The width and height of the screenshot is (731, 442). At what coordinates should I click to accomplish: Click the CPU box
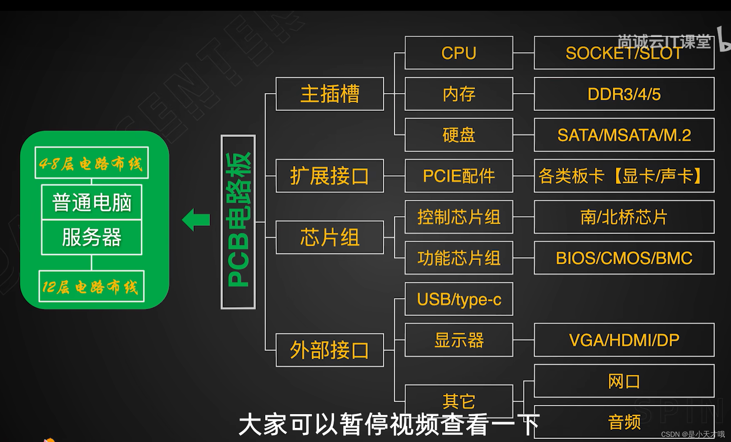click(459, 53)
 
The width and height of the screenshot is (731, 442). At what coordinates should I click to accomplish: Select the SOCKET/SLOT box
click(624, 53)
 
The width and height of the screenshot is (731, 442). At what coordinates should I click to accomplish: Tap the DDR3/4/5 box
click(624, 94)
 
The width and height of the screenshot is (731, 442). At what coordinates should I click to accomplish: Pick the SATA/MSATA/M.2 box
click(624, 135)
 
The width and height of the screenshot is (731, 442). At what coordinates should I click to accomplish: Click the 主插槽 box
click(330, 94)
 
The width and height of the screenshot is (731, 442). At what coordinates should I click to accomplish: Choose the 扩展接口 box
click(330, 176)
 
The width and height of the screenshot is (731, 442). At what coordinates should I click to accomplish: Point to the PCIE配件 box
click(459, 176)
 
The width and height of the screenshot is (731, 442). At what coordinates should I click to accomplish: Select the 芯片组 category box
click(330, 238)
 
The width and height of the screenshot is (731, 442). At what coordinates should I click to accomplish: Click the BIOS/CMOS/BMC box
click(624, 258)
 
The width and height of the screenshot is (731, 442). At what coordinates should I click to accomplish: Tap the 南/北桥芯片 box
click(624, 217)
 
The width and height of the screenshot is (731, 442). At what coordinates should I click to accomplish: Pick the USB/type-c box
click(459, 299)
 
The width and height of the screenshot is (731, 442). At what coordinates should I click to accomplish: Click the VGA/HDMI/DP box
click(624, 340)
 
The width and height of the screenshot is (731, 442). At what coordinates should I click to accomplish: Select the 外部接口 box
click(330, 350)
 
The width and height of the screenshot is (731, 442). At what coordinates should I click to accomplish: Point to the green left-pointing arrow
click(196, 220)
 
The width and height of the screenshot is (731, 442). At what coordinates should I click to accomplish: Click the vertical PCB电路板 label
click(238, 222)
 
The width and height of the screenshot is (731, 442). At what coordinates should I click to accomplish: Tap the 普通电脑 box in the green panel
click(92, 202)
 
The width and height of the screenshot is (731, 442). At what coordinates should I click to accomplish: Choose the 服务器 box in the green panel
click(92, 237)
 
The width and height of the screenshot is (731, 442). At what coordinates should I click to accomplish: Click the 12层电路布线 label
click(92, 287)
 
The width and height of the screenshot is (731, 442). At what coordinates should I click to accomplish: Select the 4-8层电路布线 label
click(92, 163)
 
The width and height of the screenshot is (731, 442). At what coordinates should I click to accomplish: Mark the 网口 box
click(624, 381)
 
